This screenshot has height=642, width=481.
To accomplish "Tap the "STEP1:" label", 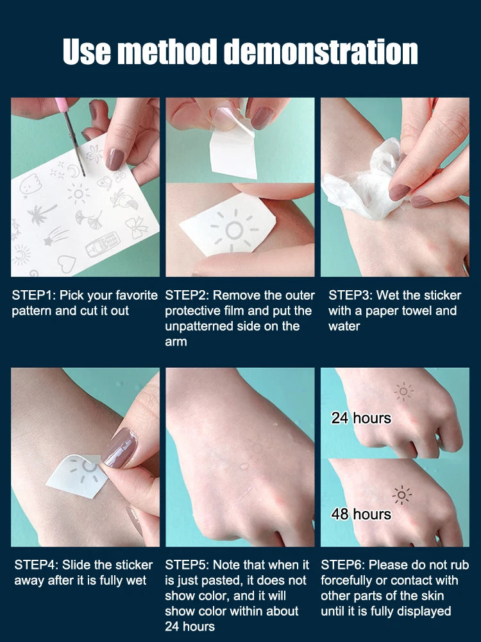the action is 34,295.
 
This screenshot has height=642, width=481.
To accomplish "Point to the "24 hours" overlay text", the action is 361,418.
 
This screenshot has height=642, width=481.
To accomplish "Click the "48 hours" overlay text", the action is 361,514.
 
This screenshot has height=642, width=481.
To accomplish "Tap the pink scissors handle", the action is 62,105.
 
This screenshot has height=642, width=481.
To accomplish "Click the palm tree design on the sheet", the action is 41,214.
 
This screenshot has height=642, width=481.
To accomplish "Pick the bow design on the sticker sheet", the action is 136,227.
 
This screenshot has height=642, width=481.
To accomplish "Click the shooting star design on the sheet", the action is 56,236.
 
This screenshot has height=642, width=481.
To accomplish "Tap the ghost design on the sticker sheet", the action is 29,185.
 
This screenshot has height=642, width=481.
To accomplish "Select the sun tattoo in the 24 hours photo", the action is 403,392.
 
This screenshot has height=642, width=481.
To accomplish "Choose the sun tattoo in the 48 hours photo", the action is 402,496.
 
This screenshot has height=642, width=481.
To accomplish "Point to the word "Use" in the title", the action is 87,52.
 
